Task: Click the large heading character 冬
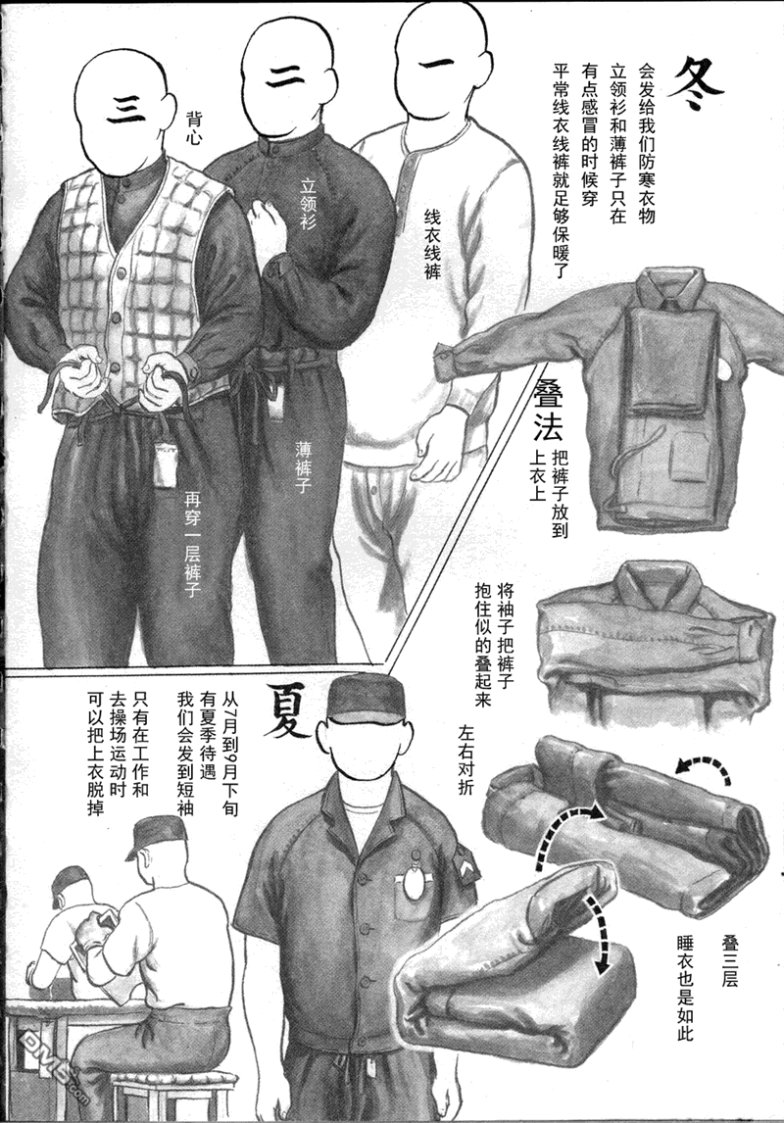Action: tap(696, 83)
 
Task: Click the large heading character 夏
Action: tap(289, 709)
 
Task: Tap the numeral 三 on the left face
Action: tap(125, 109)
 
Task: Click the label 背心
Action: tap(193, 127)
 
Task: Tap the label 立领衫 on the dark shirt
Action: tap(307, 204)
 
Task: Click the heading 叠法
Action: tap(548, 411)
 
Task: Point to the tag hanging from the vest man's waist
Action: tap(166, 464)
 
